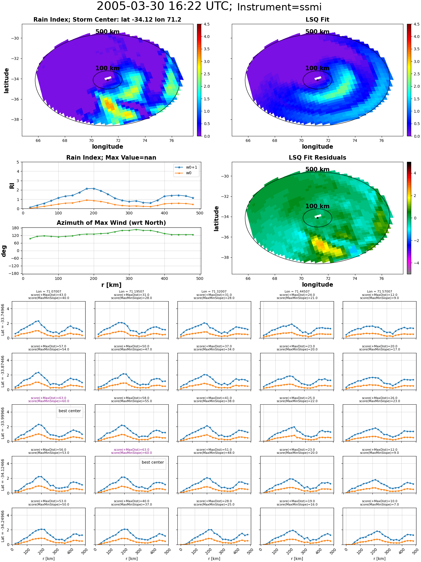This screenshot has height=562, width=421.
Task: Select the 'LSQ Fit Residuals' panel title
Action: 317,158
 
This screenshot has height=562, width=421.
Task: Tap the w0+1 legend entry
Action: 186,167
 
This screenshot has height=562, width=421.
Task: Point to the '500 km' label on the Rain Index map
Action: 107,32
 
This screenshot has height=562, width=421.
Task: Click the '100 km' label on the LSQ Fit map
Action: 317,68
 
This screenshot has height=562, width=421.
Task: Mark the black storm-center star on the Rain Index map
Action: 107,80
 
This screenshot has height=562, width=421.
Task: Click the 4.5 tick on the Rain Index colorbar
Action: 207,24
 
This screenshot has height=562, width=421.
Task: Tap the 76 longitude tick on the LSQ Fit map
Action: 381,140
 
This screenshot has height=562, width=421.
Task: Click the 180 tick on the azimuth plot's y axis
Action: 16,228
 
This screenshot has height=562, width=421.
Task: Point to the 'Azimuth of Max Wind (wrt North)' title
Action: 111,223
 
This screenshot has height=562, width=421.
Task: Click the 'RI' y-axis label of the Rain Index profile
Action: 12,186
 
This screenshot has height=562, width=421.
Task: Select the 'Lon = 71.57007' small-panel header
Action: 379,292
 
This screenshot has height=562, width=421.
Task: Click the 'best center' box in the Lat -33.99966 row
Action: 70,411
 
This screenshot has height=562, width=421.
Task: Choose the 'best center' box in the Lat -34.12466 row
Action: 153,463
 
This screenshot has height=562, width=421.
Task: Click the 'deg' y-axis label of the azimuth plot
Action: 4,251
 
